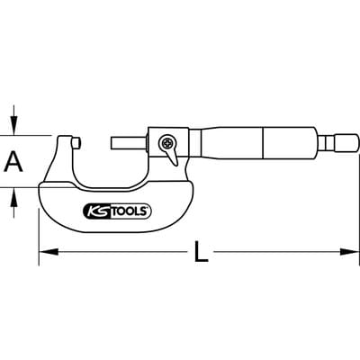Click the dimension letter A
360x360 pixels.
(13, 162)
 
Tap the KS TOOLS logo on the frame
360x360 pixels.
(117, 211)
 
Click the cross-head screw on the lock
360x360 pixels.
(166, 142)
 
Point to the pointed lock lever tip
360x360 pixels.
(175, 165)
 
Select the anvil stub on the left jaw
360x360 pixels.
(77, 142)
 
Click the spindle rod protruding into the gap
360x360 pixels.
(130, 142)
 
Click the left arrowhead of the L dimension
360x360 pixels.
(49, 252)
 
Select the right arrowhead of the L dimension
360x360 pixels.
(349, 252)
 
